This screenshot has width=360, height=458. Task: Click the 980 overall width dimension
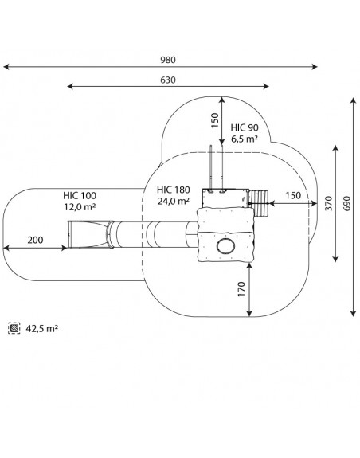tap(168, 60)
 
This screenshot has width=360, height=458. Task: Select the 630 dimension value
tap(168, 80)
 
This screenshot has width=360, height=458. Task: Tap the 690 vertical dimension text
tap(346, 203)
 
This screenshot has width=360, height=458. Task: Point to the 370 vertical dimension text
tap(329, 203)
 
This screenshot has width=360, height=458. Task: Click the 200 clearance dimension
tap(35, 240)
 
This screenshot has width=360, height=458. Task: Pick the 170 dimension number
tap(242, 289)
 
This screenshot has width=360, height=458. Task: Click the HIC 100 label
tap(80, 195)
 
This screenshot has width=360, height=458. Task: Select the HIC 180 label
tap(174, 190)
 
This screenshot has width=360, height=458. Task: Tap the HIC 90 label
tap(245, 127)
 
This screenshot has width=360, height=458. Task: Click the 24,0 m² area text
tap(174, 201)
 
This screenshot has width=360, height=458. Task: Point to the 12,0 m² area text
tap(80, 207)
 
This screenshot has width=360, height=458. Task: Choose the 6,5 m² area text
tap(245, 139)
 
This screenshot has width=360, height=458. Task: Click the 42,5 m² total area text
tap(42, 329)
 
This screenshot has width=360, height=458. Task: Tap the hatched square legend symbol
tap(14, 328)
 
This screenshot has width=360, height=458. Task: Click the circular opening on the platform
tap(225, 246)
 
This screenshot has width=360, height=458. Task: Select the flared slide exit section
tap(91, 234)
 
